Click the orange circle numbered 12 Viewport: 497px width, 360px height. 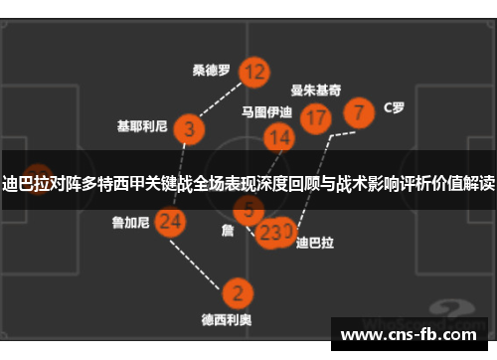[x=254, y=72]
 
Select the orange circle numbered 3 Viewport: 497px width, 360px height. [x=188, y=128]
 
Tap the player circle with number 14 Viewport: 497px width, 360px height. [x=279, y=138]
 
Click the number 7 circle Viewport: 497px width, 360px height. [x=359, y=110]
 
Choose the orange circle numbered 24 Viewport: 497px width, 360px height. [x=170, y=221]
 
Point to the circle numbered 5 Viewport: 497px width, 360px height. [x=248, y=209]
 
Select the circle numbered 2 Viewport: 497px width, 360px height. [x=236, y=293]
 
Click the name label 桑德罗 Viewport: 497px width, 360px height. [x=211, y=71]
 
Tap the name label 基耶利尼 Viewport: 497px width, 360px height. [x=143, y=127]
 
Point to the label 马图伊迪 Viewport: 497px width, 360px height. [x=266, y=112]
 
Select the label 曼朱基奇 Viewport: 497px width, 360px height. [x=317, y=89]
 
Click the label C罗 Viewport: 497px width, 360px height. [x=394, y=108]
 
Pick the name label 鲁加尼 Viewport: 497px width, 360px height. [x=130, y=223]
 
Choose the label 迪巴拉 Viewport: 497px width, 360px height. [x=315, y=242]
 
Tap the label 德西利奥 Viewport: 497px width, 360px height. [x=226, y=320]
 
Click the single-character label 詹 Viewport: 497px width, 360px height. [x=227, y=229]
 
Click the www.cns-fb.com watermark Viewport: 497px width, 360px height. [x=409, y=335]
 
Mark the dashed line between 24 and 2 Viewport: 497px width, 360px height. [x=204, y=258]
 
